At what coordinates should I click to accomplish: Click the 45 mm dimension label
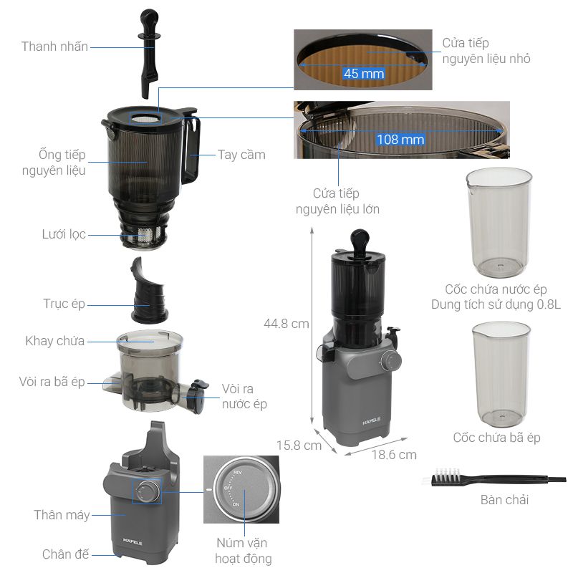point(364,74)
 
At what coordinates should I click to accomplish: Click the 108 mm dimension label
point(400,139)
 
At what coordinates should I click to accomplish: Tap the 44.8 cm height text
point(286,324)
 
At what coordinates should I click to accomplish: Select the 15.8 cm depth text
point(299,446)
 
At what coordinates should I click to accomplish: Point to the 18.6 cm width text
point(394,455)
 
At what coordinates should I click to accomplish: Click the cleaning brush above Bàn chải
point(494,478)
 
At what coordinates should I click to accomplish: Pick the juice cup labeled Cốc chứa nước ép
point(499,222)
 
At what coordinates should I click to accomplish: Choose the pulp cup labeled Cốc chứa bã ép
point(501,374)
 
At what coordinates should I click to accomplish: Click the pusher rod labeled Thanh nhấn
point(149,54)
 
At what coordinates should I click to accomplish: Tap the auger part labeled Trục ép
point(148,291)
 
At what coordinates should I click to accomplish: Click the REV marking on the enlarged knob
point(238,473)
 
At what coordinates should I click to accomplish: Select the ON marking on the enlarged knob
point(236,505)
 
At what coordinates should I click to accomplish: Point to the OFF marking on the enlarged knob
point(228,488)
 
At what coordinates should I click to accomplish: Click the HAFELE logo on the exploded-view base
point(133,542)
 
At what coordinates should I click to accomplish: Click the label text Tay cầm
point(241,155)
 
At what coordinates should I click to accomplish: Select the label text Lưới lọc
point(64,234)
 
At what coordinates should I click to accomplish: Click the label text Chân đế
point(65,554)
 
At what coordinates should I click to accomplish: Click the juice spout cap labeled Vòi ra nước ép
point(198,397)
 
